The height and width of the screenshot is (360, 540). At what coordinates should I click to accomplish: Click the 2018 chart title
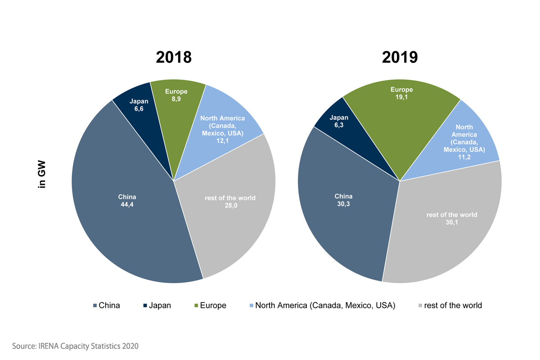174,57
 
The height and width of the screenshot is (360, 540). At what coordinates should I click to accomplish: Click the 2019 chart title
400,57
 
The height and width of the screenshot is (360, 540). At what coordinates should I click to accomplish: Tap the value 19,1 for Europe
401,97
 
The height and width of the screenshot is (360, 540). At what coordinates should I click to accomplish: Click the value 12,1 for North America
222,141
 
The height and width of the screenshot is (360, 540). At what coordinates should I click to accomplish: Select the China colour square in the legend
94,306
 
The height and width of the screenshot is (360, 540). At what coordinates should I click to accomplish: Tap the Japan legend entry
157,306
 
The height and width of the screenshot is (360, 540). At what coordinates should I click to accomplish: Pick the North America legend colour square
251,306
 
